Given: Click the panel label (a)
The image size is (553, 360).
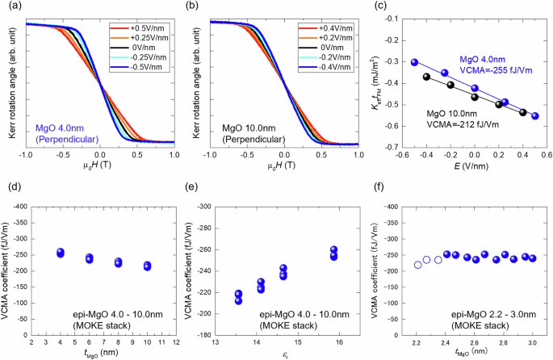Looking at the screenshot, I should pos(10,7).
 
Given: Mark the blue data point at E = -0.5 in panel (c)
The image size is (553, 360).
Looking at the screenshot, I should pos(415,62).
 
